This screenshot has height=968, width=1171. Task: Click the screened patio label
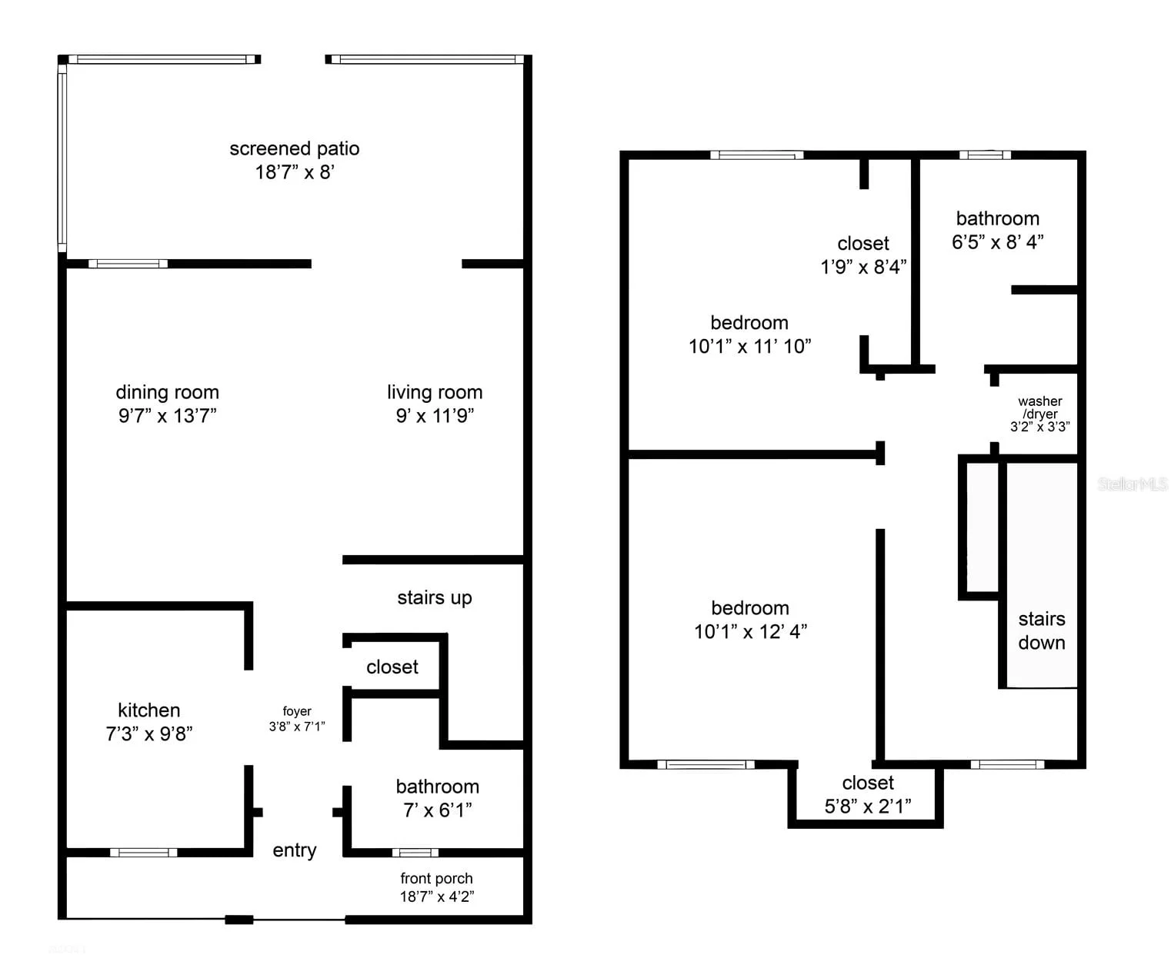[x=295, y=160]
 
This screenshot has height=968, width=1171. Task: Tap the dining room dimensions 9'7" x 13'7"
[x=167, y=416]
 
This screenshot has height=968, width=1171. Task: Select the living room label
[x=435, y=404]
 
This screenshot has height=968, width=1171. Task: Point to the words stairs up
[x=435, y=597]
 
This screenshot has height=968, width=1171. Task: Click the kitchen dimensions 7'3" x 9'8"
[x=149, y=733]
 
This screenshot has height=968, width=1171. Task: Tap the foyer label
[x=297, y=719]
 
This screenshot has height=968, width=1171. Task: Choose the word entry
[x=295, y=850]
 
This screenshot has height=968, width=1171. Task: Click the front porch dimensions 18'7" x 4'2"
[x=437, y=896]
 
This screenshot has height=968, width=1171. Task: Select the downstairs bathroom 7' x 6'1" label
[x=438, y=798]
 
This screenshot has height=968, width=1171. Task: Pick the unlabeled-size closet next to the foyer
[x=392, y=667]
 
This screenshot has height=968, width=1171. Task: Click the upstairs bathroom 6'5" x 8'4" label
[x=998, y=230]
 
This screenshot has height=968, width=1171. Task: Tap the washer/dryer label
[x=1040, y=414]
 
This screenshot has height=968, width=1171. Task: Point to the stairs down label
[x=1042, y=630]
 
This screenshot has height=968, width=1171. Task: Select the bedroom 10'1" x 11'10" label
[x=750, y=334]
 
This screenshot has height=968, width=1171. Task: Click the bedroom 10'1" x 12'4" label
[x=750, y=620]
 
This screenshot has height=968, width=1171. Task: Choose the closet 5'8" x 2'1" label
[x=868, y=794]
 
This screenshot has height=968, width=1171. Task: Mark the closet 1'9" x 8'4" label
[x=863, y=255]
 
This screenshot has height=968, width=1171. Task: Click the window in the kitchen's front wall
[x=144, y=853]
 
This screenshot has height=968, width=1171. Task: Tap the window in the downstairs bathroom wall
[x=415, y=853]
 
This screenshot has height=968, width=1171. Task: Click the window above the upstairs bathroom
[x=985, y=155]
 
